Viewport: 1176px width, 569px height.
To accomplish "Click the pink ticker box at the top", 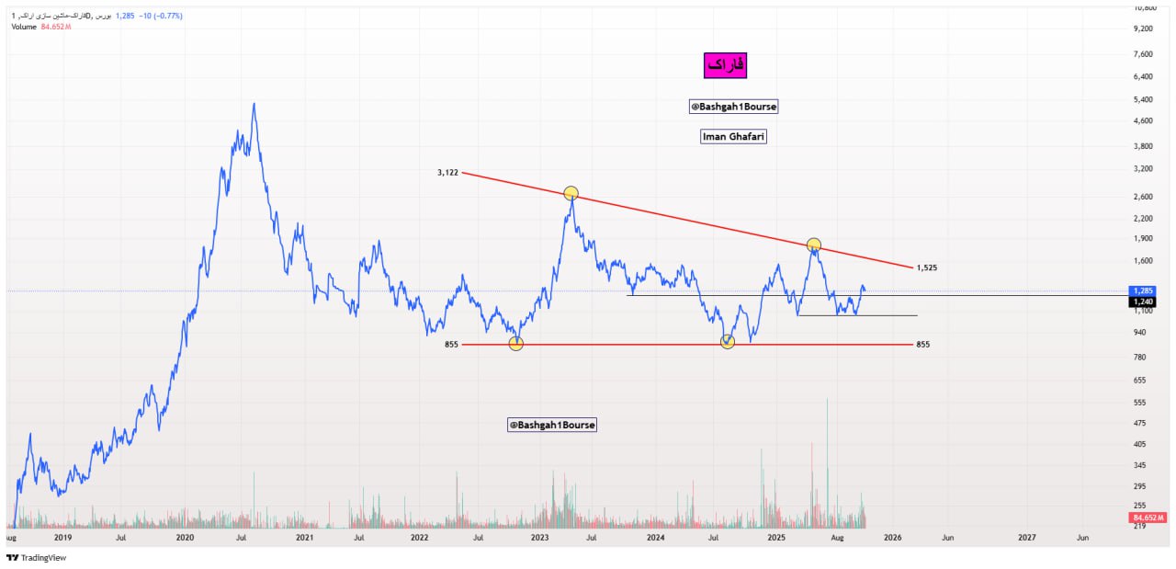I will point(725,65).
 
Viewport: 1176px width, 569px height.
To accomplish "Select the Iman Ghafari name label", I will point(733,136).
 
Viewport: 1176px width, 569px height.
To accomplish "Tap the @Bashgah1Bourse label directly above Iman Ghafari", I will point(733,107).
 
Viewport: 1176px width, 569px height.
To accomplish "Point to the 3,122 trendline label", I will point(447,172).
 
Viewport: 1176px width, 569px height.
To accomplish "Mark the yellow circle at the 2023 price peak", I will point(571,193).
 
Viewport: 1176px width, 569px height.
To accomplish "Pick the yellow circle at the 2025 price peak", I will point(813,245).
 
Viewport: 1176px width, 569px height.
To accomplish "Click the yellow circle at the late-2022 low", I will point(516,344).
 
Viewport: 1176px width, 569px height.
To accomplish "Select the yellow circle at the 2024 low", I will point(728,342).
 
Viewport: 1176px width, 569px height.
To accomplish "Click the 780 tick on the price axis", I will point(1140,357).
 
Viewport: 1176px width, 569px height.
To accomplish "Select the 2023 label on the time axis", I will point(539,536).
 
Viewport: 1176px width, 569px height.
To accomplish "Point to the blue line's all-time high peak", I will point(254,104).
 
